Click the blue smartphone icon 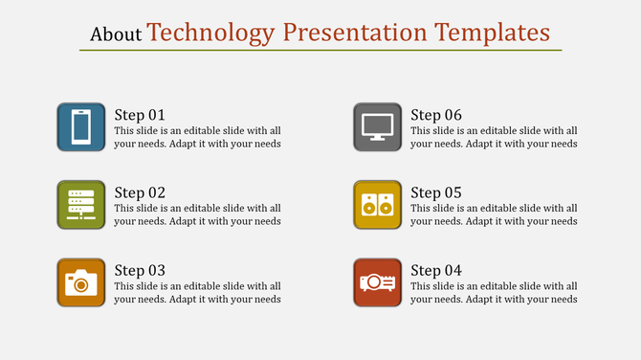tap(81, 126)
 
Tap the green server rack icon tap(81, 204)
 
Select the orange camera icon tap(81, 282)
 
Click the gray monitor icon tap(377, 126)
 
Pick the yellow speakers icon tap(377, 204)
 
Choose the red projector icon tap(377, 282)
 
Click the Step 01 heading tap(140, 115)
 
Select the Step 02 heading tap(140, 192)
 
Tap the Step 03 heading tap(140, 271)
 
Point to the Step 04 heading tap(436, 271)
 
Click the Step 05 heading tap(436, 192)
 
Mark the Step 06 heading tap(436, 115)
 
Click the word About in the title tap(116, 34)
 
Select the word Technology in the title tap(210, 33)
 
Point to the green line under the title tap(320, 51)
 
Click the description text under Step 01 tap(197, 137)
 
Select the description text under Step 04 tap(494, 292)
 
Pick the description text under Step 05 tap(494, 214)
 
